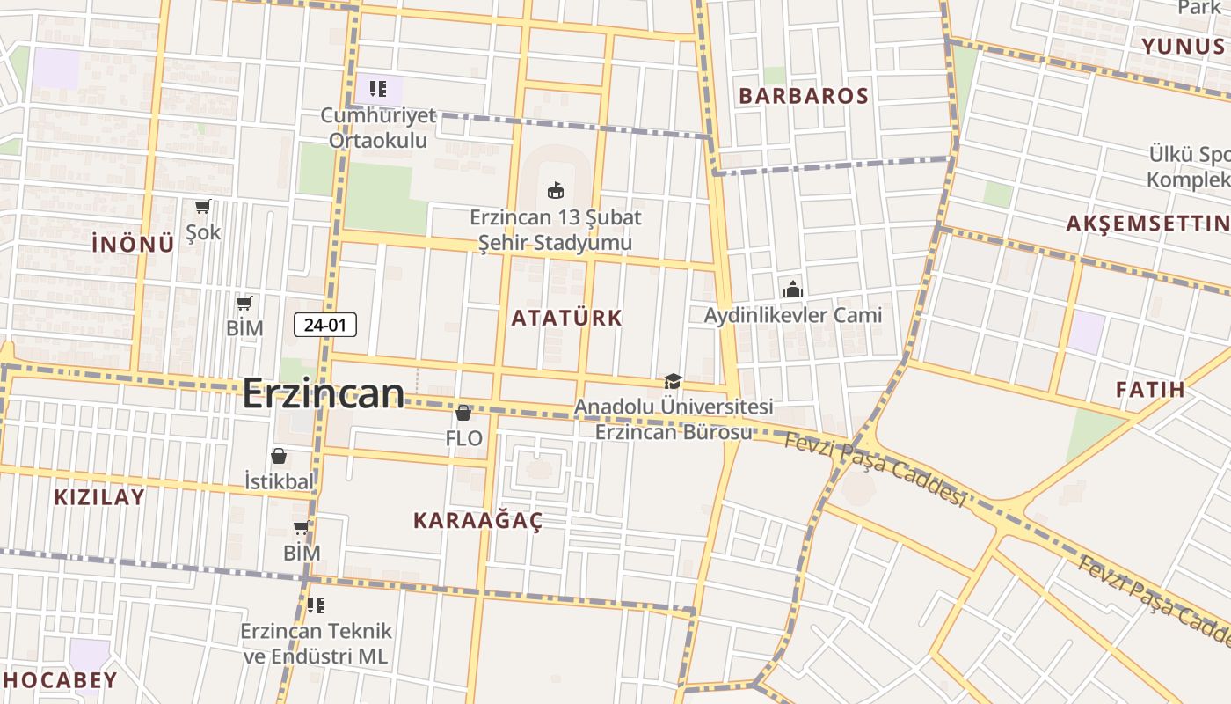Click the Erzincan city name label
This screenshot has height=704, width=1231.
pos(323,393)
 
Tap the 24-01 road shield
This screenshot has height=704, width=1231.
pos(325,325)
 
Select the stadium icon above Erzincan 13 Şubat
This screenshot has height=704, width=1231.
pos(555,189)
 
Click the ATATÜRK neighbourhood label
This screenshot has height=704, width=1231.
pos(566,318)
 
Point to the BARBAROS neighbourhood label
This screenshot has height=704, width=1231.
pos(804,96)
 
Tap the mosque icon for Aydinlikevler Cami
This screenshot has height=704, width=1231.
pos(792,289)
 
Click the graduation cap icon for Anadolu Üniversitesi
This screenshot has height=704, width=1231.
pos(673,381)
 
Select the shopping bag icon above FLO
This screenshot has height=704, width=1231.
pos(463,412)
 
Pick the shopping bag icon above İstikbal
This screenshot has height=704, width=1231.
pos(279,456)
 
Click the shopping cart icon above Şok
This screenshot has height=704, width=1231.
pos(203,207)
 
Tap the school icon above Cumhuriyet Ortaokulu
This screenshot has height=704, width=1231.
pos(378,88)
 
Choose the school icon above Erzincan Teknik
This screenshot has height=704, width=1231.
pos(316,605)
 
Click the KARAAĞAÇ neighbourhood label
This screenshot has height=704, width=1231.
pos(477,520)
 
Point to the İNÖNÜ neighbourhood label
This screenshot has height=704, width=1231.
pos(133,245)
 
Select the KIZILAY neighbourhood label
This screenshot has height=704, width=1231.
pos(99,497)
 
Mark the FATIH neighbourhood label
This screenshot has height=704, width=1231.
pos(1150,389)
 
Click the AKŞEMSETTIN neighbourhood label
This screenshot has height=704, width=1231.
pos(1147,224)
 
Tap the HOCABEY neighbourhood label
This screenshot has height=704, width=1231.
pos(60,680)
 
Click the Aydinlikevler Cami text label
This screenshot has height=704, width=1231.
pos(792,315)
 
